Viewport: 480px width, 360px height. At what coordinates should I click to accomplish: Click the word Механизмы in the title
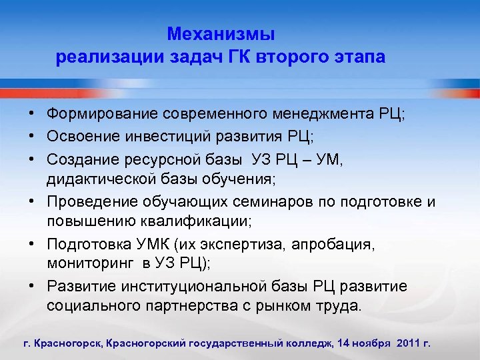coord(221,33)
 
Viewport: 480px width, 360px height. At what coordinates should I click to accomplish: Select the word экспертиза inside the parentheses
coord(247,245)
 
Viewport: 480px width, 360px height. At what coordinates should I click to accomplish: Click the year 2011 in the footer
coord(408,343)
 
